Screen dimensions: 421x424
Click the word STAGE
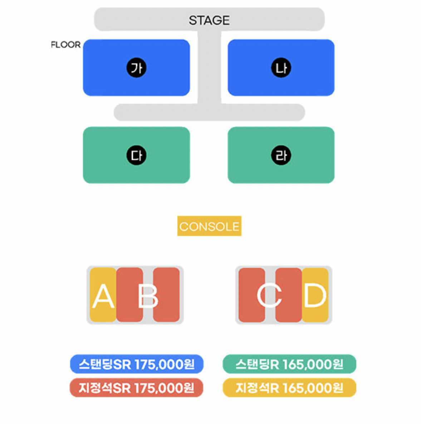pyautogui.click(x=209, y=20)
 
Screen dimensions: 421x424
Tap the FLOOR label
pyautogui.click(x=65, y=45)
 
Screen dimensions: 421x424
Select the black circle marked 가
pyautogui.click(x=136, y=68)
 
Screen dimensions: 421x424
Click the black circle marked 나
pyautogui.click(x=281, y=68)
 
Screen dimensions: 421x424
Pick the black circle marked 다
pyautogui.click(x=136, y=155)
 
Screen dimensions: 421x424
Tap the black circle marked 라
pyautogui.click(x=281, y=155)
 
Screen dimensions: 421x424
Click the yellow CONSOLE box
pyautogui.click(x=209, y=226)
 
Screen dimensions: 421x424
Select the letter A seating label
pyautogui.click(x=103, y=297)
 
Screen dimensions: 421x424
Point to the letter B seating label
pyautogui.click(x=148, y=297)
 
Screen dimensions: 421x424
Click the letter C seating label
pyautogui.click(x=270, y=296)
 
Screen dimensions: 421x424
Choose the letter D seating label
pyautogui.click(x=315, y=296)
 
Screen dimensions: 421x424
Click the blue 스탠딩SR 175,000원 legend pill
pyautogui.click(x=137, y=364)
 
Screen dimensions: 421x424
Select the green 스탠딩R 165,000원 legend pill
pyautogui.click(x=289, y=364)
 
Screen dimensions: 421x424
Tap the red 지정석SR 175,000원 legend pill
pyautogui.click(x=137, y=388)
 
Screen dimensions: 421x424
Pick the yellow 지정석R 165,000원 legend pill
pyautogui.click(x=289, y=388)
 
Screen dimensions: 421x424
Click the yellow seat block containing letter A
pyautogui.click(x=103, y=295)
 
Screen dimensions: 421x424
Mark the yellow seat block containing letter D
pyautogui.click(x=315, y=295)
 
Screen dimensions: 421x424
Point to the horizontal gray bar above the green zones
pyautogui.click(x=209, y=112)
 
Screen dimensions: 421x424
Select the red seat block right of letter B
pyautogui.click(x=166, y=295)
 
